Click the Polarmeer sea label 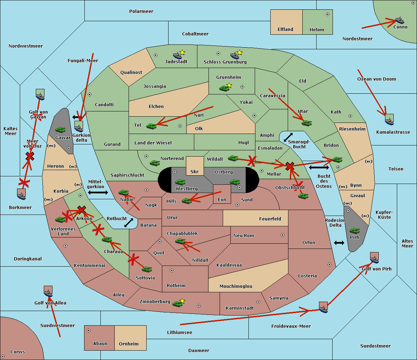141,11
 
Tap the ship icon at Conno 400,20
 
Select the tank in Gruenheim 224,88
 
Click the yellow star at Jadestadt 182,52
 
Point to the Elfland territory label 285,30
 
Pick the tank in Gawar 60,129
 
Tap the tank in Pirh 354,231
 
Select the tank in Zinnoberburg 177,304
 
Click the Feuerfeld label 270,219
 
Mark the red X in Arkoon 82,209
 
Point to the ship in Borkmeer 22,194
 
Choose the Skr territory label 195,172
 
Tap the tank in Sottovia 147,269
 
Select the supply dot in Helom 327,14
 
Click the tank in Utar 306,123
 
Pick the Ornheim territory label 129,344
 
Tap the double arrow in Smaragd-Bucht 288,137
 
